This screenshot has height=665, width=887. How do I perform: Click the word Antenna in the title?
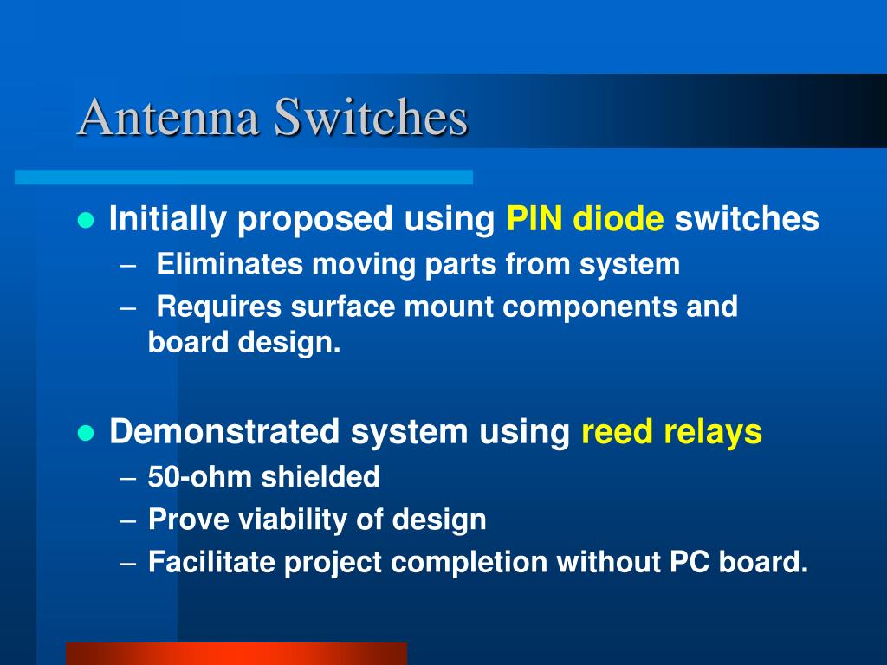[169, 117]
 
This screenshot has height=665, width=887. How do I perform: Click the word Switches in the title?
[371, 117]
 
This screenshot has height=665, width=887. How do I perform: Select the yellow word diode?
[618, 219]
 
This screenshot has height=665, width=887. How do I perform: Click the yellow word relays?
[713, 433]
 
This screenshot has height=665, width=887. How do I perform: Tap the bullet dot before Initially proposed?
[86, 220]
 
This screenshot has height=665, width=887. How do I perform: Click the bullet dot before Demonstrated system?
[86, 433]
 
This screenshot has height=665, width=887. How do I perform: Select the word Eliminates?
[229, 264]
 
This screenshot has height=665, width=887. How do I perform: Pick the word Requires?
[218, 308]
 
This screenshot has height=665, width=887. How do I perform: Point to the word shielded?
[320, 477]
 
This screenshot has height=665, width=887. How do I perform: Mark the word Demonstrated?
[223, 432]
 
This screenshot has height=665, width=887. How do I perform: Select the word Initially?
[167, 220]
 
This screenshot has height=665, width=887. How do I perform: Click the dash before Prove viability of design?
[128, 520]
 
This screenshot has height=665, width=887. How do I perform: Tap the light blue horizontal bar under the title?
[243, 177]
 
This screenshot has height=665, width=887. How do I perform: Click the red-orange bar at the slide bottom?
[236, 654]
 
